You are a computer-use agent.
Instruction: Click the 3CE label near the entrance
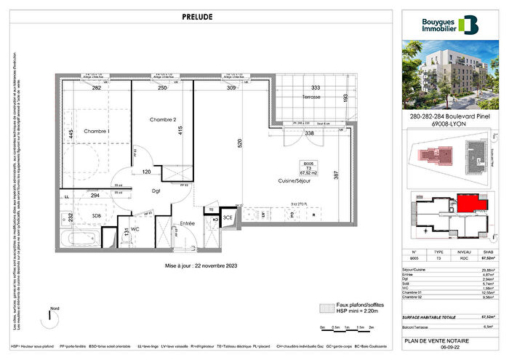tap(228, 217)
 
